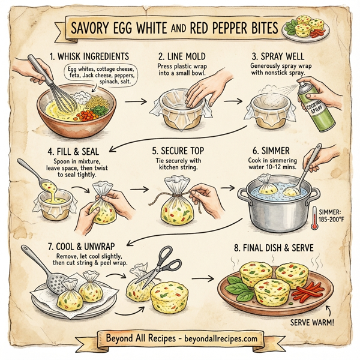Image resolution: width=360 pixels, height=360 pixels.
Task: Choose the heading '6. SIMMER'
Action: (274, 150)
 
